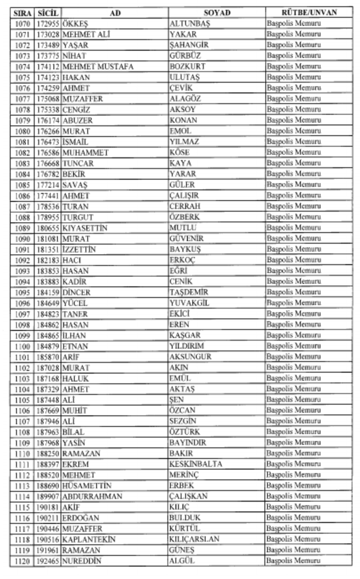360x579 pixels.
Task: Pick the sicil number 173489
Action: pos(48,45)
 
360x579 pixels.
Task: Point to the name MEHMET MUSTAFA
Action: pos(98,67)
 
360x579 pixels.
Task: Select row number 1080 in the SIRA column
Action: pos(23,131)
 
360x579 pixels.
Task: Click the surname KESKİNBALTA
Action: pos(196,464)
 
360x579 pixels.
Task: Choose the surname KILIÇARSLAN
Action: pos(194,539)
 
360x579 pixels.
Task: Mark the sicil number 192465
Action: pos(48,561)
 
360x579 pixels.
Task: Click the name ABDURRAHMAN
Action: pos(92,496)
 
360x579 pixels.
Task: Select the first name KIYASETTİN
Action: pos(85,228)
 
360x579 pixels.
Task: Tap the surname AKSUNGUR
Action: pos(190,357)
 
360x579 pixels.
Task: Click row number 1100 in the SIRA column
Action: pos(23,346)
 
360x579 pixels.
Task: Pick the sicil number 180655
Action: pos(48,228)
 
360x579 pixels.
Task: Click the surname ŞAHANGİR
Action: pos(189,45)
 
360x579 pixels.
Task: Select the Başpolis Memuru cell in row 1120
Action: pos(294,561)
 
